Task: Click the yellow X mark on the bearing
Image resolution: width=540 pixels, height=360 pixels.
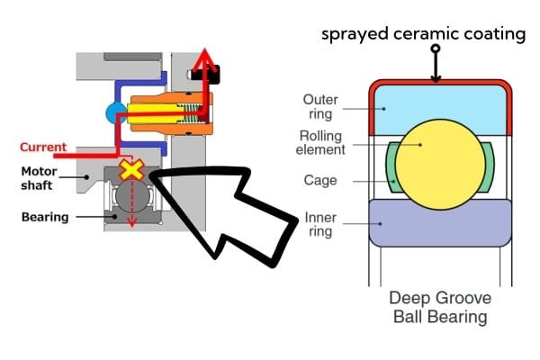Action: pyautogui.click(x=132, y=170)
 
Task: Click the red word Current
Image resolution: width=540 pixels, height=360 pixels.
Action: pyautogui.click(x=41, y=146)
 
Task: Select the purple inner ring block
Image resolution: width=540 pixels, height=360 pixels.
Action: pyautogui.click(x=435, y=224)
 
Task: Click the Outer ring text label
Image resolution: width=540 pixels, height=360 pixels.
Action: pyautogui.click(x=322, y=107)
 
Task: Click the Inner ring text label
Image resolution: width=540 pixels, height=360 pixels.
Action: pyautogui.click(x=321, y=224)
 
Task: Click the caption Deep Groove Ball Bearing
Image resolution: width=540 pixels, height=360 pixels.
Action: pyautogui.click(x=437, y=306)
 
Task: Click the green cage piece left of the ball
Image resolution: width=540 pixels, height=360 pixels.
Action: pyautogui.click(x=393, y=167)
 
